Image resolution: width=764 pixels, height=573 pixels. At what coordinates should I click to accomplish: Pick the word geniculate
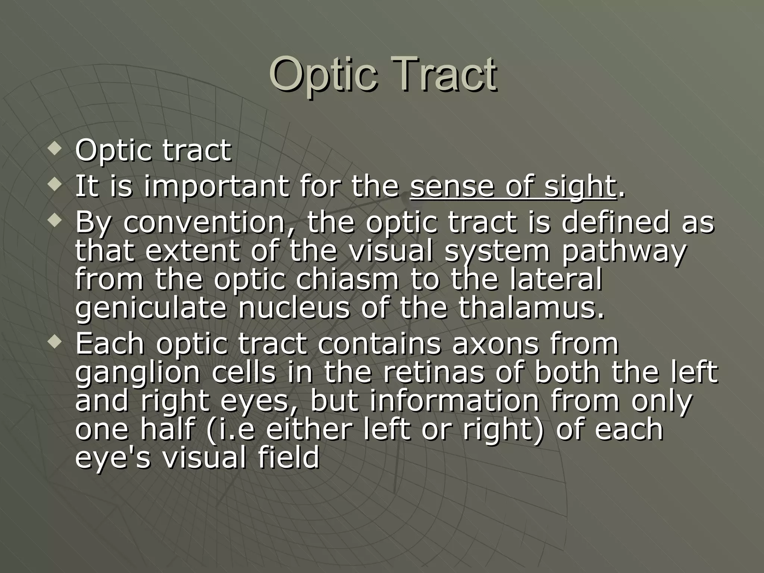pyautogui.click(x=151, y=309)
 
